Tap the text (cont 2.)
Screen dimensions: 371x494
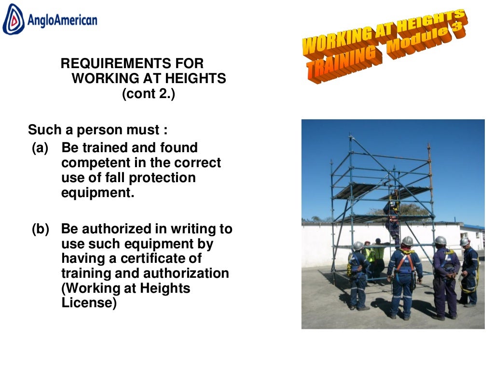148,94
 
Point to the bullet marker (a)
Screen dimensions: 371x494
40,148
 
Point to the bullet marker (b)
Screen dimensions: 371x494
41,229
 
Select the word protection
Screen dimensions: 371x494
165,178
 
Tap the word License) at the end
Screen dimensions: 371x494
89,303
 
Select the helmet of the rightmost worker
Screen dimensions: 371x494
465,242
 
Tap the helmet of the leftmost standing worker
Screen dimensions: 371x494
358,246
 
